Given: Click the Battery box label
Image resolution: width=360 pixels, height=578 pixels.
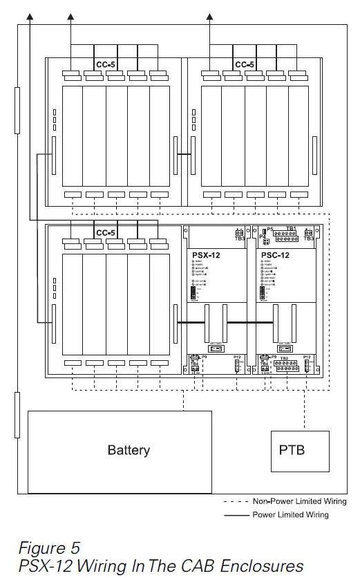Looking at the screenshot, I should point(129,450).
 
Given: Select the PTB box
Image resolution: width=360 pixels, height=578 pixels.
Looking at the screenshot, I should point(292,450).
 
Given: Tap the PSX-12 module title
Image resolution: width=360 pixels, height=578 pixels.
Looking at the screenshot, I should point(206,255).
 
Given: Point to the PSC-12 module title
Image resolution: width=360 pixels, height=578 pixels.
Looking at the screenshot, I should point(276,255).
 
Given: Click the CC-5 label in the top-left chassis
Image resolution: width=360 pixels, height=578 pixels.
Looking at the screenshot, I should point(105,64).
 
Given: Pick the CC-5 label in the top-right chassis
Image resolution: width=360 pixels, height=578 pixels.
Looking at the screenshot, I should point(244,64).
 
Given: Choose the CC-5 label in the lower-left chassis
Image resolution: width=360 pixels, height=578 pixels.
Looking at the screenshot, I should point(105,233).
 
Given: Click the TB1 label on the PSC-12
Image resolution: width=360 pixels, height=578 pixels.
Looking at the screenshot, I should point(291,228).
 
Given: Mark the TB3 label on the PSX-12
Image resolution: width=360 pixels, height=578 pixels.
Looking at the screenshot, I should point(239,239).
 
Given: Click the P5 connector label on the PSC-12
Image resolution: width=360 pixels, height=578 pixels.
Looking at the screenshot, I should point(270,228).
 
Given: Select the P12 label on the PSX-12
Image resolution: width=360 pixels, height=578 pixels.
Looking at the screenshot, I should point(237,357).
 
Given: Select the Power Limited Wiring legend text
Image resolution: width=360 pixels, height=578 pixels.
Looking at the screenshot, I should point(291,514).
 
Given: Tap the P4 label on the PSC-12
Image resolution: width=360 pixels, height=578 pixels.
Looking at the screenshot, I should point(263,236).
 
